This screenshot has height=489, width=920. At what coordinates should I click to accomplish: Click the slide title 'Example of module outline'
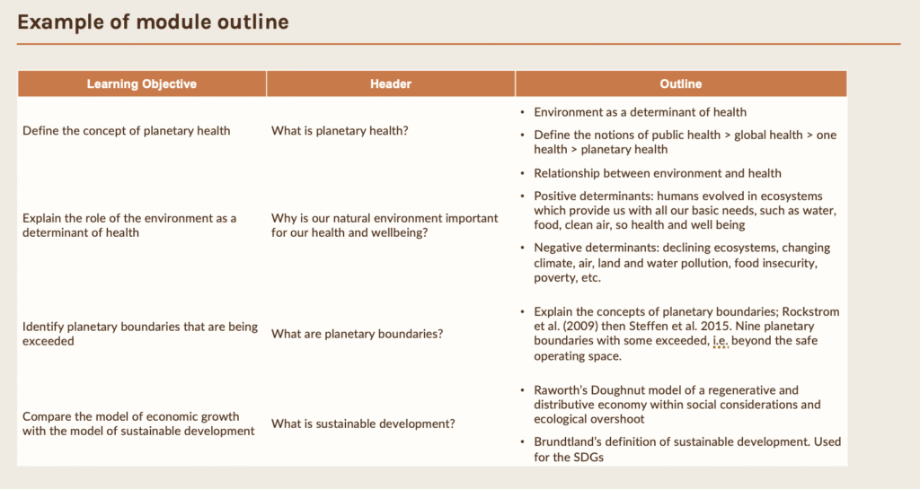[x=153, y=22]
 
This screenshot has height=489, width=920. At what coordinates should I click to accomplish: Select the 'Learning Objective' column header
[x=142, y=83]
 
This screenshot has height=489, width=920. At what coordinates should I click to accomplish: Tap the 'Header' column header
[x=391, y=83]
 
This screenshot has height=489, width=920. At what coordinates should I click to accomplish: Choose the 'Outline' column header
[x=681, y=83]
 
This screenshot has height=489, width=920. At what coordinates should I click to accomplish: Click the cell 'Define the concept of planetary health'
[x=126, y=131]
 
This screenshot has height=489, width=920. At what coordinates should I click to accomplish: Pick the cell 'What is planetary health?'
[x=340, y=131]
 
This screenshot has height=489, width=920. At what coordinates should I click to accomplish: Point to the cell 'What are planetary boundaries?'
[x=357, y=334]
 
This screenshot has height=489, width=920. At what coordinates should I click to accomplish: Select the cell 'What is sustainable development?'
[x=363, y=424]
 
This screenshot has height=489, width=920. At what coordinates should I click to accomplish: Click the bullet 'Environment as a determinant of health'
[x=640, y=112]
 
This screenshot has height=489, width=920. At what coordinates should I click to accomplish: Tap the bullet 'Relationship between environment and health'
[x=657, y=173]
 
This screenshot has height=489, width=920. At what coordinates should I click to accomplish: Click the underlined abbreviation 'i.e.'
[x=720, y=340]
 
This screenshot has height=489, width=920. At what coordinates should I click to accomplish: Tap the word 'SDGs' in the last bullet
[x=589, y=457]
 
